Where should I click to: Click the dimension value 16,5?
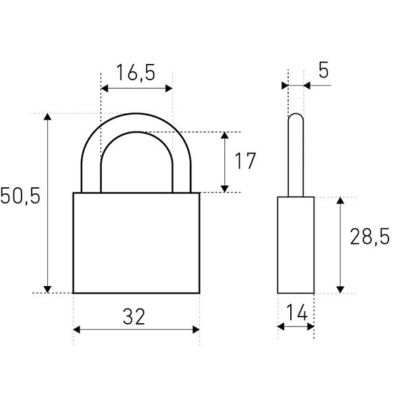point(136,73)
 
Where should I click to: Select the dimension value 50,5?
point(20,196)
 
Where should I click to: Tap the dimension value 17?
point(245,161)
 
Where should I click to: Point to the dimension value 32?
point(134,316)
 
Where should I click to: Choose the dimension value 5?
point(324,70)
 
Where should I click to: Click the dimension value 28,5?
point(370,236)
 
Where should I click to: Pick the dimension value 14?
point(297,312)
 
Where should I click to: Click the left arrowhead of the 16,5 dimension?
point(104,89)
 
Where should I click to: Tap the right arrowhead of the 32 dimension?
point(196,329)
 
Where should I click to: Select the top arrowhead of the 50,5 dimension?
point(47,116)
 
